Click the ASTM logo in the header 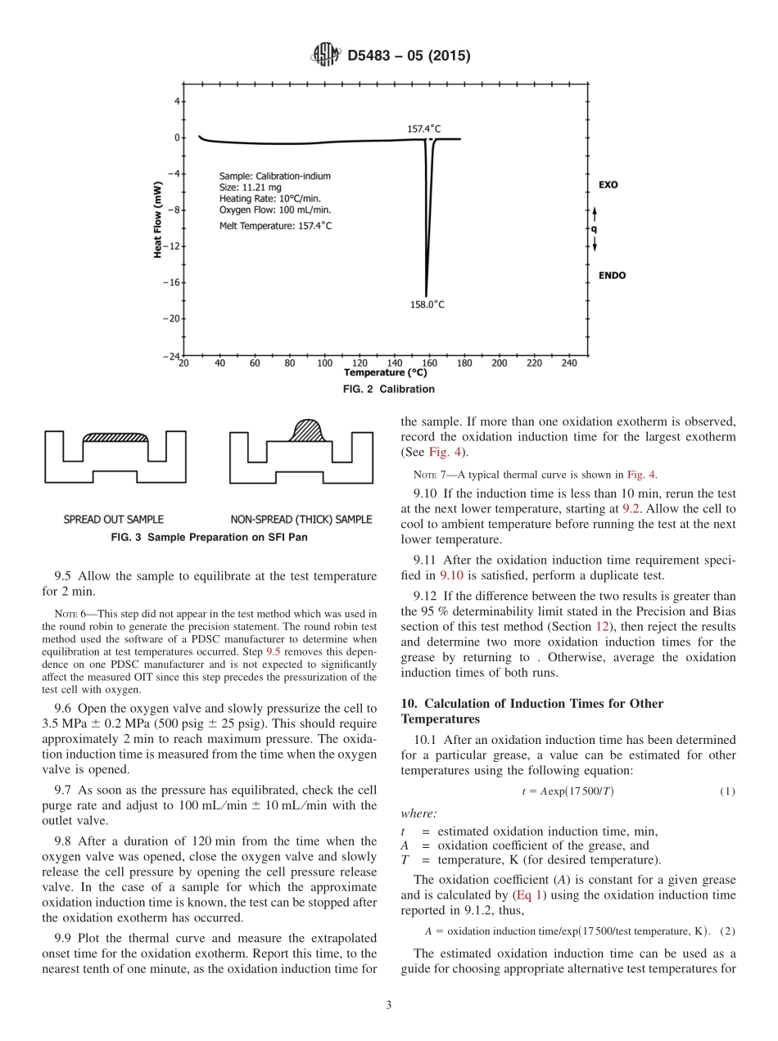(325, 56)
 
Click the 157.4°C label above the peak (424, 128)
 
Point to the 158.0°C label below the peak (427, 304)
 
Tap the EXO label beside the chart (608, 185)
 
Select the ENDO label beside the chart (612, 275)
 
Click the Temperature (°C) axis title (388, 372)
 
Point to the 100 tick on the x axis (324, 363)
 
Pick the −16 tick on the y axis (173, 282)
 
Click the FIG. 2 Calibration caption (388, 390)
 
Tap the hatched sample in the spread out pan (115, 438)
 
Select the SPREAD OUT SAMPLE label (114, 519)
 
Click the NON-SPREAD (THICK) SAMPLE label (301, 519)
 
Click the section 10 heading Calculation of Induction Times (532, 711)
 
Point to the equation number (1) (727, 791)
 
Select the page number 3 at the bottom (388, 1006)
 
